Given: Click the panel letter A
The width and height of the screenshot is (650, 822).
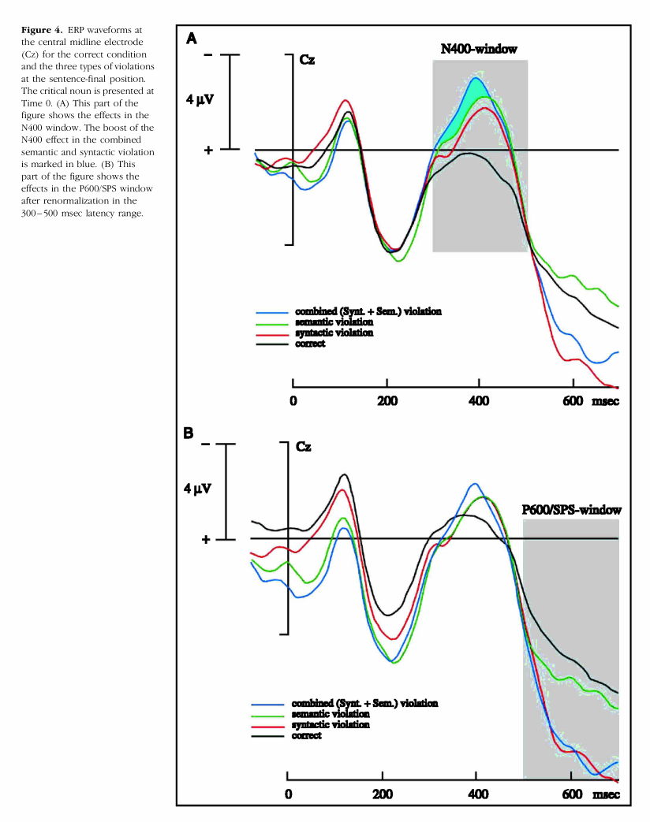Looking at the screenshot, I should coord(192,37).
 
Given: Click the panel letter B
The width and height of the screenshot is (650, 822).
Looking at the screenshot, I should coord(189,433).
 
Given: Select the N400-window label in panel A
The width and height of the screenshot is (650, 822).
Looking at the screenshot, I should coord(478,50).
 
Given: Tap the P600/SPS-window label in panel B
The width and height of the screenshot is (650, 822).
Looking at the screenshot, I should coord(571,510).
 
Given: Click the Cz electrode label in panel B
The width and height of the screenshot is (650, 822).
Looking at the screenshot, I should coord(303,447).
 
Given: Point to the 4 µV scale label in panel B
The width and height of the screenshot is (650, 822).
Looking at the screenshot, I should coord(198,489).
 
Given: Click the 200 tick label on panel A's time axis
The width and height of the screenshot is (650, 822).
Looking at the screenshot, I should coord(387,401).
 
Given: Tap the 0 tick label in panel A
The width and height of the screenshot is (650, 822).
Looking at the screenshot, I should coord(293,401).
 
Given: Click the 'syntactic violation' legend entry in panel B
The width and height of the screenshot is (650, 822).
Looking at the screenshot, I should coord(330,723).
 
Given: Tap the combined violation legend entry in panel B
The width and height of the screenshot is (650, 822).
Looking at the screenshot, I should coord(364,701).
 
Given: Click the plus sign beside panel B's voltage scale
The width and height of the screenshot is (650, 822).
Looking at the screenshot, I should coord(207,540).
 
